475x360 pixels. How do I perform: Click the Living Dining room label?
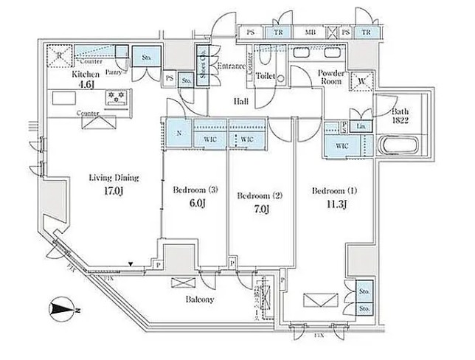(114, 178)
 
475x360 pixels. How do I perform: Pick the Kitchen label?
(80, 75)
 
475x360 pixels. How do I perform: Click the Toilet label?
(266, 75)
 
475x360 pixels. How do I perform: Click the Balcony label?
(198, 300)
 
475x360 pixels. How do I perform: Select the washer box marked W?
(361, 82)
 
